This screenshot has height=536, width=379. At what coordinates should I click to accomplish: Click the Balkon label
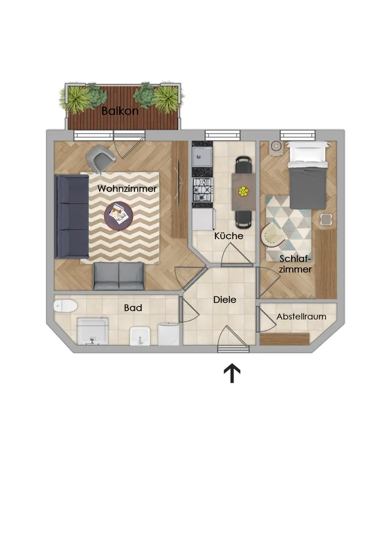click(120, 111)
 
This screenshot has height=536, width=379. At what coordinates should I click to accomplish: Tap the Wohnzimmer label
click(127, 189)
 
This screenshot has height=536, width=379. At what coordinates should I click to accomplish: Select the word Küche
click(229, 236)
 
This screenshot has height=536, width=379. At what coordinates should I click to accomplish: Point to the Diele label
click(225, 300)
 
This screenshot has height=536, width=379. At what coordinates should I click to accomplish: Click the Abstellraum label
click(301, 317)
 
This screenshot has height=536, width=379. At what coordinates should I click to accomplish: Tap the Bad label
click(133, 308)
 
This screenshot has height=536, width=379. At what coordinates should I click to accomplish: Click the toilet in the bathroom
click(65, 306)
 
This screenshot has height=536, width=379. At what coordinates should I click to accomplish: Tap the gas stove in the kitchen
click(202, 190)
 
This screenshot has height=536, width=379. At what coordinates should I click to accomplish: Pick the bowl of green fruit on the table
click(244, 192)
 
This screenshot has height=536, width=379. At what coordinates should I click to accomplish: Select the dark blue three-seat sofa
click(72, 216)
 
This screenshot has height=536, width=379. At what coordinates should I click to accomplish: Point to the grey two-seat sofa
click(119, 276)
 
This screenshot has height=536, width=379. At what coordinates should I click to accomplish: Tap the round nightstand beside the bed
click(276, 147)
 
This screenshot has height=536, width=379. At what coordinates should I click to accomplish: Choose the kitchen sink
click(202, 156)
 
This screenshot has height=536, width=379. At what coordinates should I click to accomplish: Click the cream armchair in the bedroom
click(272, 234)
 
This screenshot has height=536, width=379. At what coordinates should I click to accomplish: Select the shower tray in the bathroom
click(93, 331)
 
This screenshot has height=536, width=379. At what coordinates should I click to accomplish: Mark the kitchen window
click(222, 135)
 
